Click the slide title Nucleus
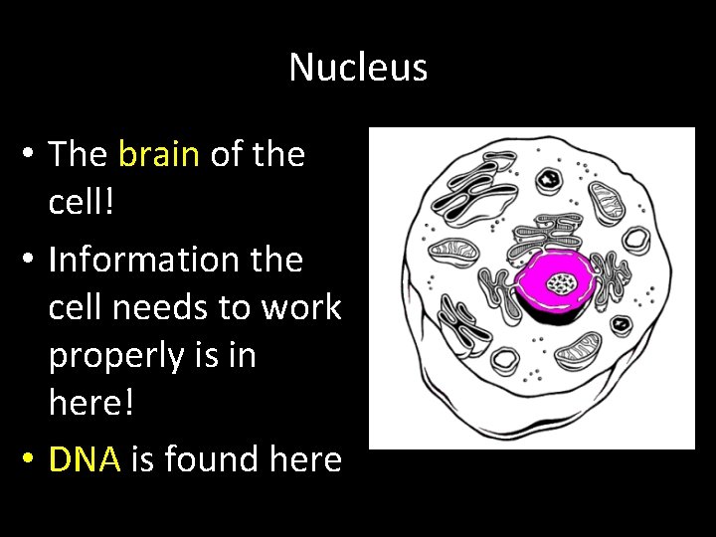[358, 68]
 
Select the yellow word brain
[159, 154]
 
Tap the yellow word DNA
[85, 459]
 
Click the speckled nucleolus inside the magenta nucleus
[564, 285]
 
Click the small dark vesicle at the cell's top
[548, 180]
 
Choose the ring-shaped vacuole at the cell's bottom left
[505, 359]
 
